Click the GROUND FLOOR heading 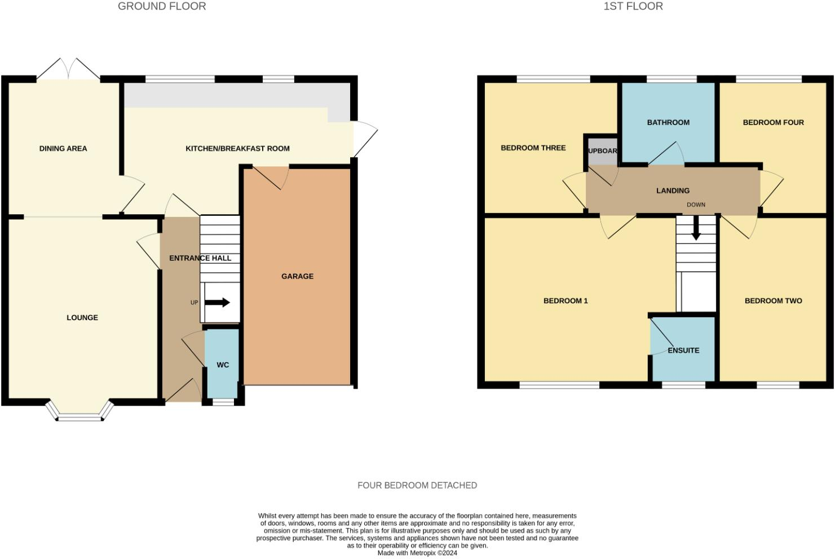coord(162,7)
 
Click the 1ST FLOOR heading coord(633,7)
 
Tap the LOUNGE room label coord(82,318)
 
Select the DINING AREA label coord(63,149)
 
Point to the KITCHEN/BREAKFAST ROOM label coord(237,149)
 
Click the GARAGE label coord(297,276)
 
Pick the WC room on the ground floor coord(223,365)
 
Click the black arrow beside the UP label coord(217,303)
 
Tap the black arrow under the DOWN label coord(696,229)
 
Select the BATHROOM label coord(668,122)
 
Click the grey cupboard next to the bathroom coord(602,151)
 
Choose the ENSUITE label coord(683,351)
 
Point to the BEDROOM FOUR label coord(773,122)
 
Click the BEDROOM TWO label coord(773,301)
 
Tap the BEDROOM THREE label coord(533,148)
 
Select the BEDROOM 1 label coord(565,301)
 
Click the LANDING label coord(673,191)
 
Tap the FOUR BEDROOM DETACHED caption coord(417,485)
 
